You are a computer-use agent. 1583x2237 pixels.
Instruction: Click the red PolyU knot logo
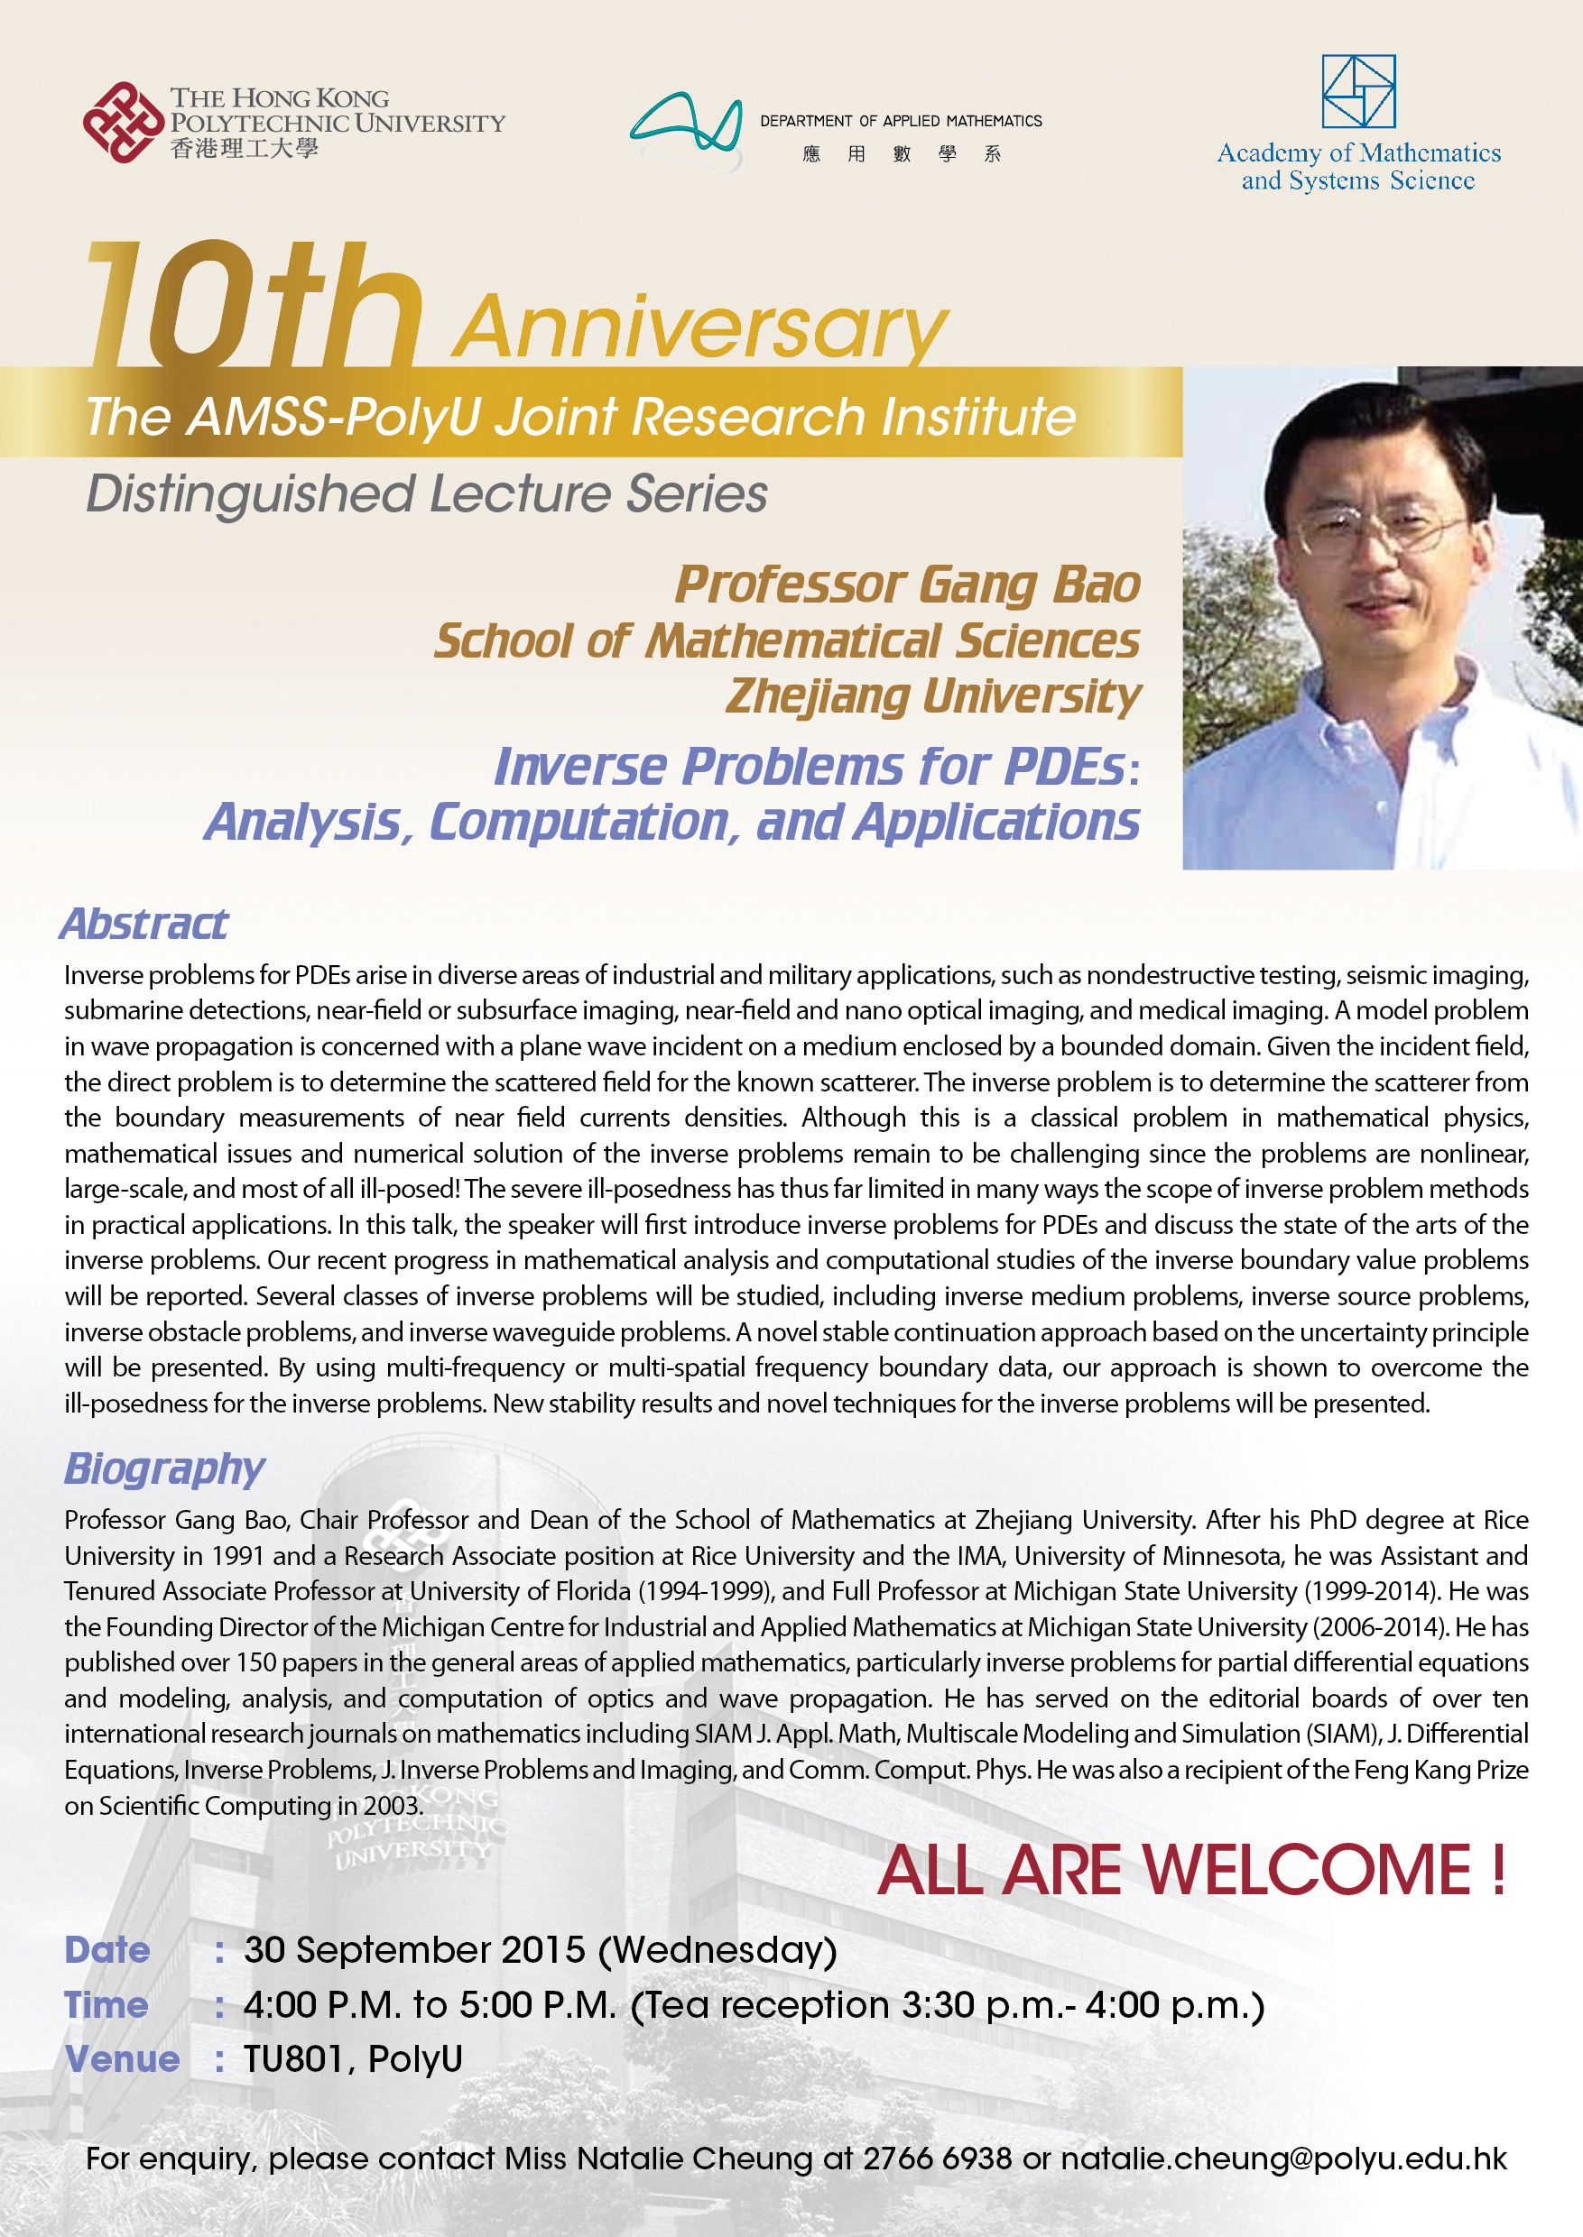[123, 123]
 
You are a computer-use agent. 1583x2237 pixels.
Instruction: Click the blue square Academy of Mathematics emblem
[1358, 92]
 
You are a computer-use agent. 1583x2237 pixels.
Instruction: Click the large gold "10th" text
[254, 307]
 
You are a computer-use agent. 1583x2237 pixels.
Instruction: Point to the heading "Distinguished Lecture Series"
[426, 493]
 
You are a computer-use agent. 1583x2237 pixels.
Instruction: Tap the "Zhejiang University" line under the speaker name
[933, 696]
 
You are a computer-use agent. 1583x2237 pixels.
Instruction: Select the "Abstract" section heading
[144, 924]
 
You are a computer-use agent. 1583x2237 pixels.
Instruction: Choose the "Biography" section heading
[163, 1468]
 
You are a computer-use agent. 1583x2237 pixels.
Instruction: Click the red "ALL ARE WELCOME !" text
[1191, 1871]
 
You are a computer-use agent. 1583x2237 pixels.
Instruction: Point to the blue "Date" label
[107, 1949]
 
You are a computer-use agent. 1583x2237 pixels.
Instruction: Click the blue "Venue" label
[122, 2058]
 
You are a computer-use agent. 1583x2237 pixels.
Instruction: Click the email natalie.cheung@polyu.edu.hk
[1282, 2159]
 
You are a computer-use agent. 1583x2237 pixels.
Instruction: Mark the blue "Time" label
[106, 2005]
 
